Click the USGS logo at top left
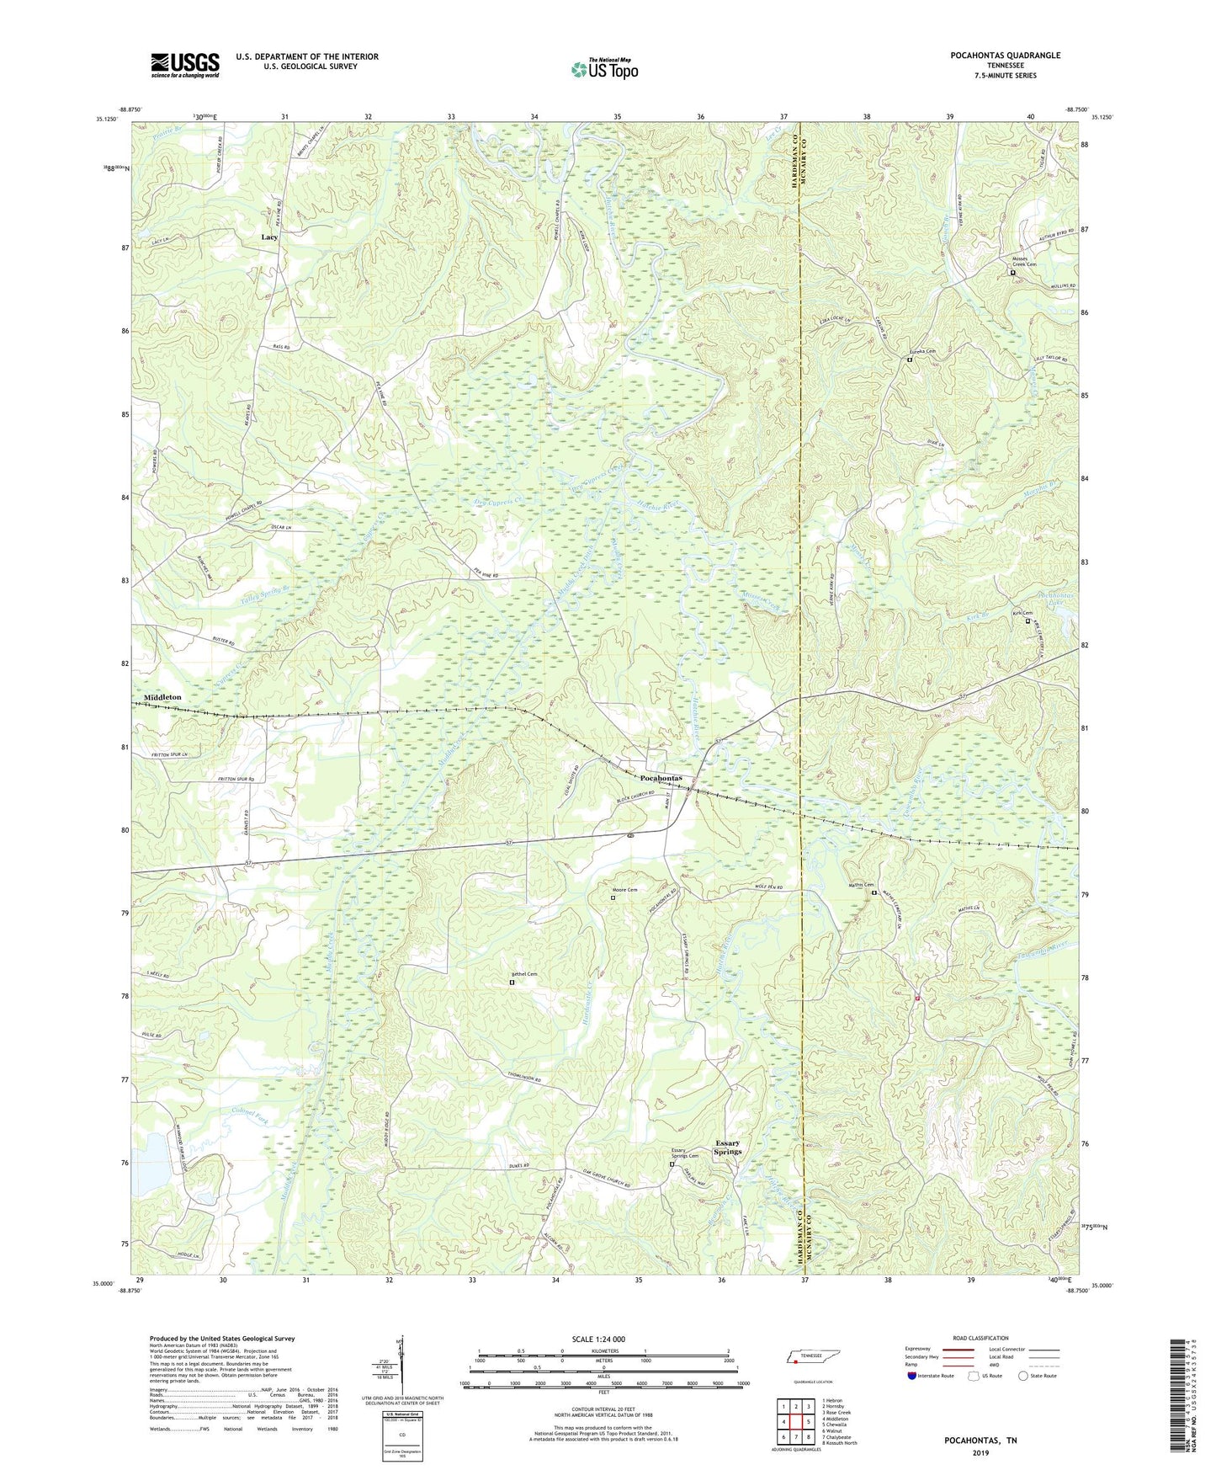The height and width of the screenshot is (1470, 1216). pos(184,65)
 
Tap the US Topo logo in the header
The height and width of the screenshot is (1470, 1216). pos(603,69)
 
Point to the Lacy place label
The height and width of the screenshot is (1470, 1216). pos(269,237)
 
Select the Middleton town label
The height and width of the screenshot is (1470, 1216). pos(162,698)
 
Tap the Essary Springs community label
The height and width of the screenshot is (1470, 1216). pos(727,1148)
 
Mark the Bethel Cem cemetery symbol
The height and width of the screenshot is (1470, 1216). pos(512,982)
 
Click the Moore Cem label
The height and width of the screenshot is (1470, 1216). pos(624,890)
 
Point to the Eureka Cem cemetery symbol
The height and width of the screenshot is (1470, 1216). pos(909,360)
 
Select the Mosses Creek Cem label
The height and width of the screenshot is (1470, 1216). pos(1023,261)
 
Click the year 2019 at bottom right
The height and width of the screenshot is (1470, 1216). pos(980,1453)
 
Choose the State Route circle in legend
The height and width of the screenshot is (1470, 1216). pos(1023,1377)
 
